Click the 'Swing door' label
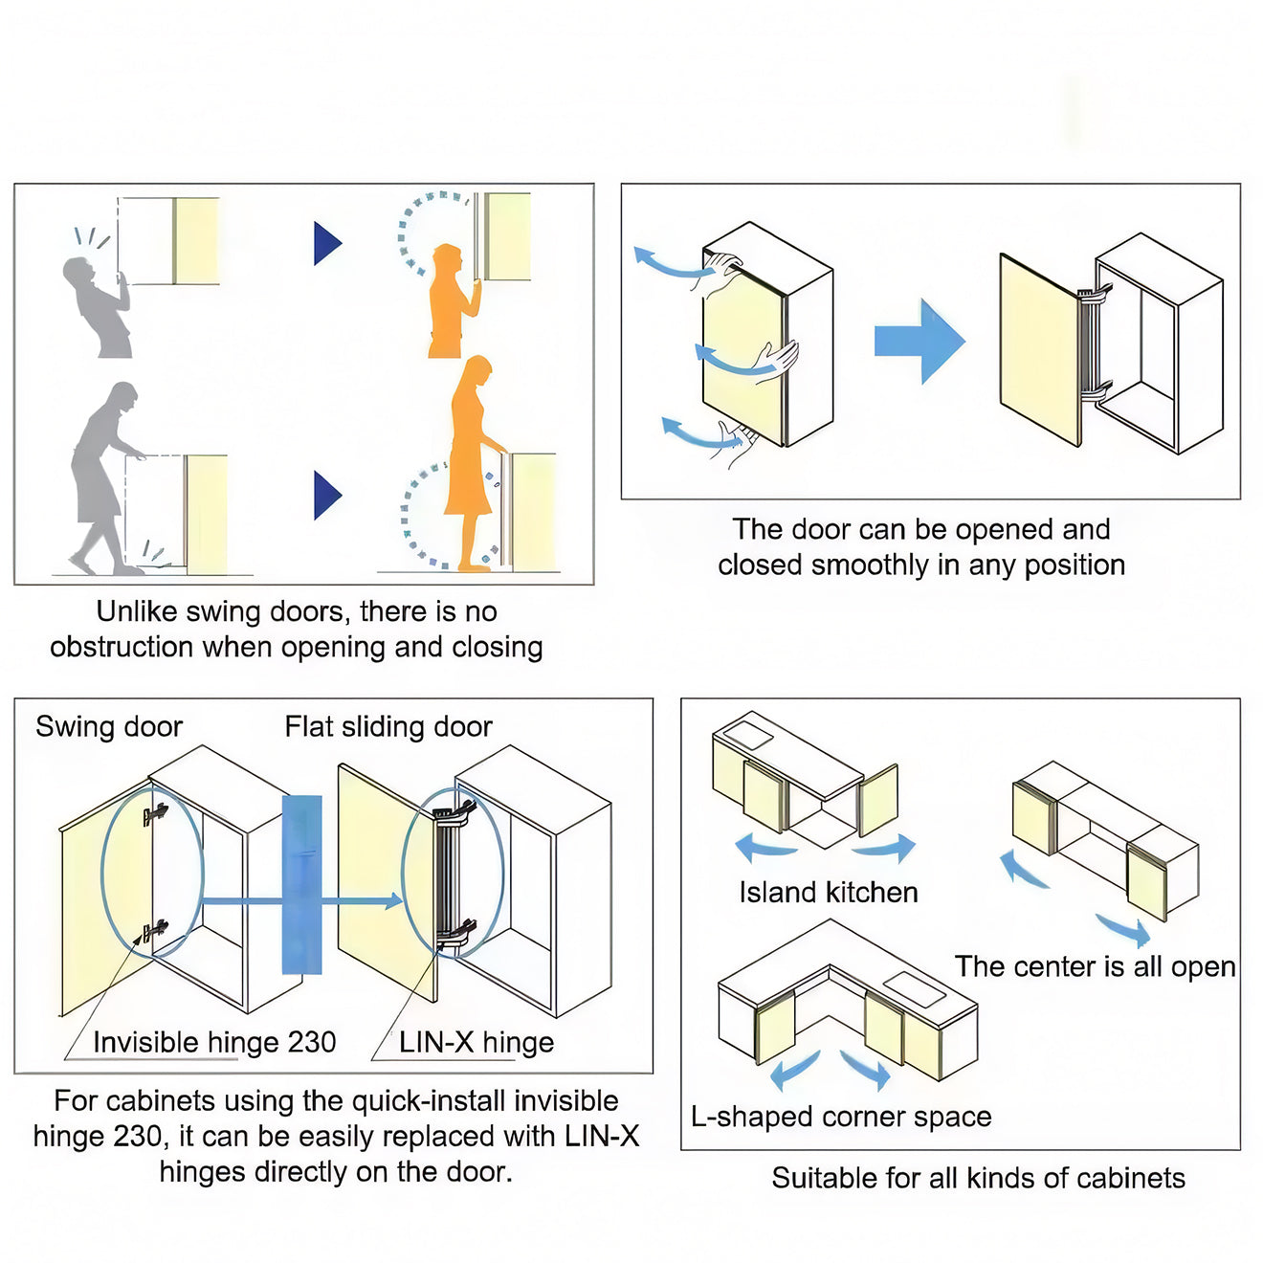click(x=109, y=727)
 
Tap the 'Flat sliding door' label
click(x=388, y=727)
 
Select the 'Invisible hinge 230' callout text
click(x=214, y=1042)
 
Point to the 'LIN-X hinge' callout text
click(x=476, y=1042)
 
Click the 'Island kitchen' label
click(x=829, y=893)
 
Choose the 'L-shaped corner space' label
click(x=841, y=1117)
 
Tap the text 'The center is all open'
click(x=1095, y=966)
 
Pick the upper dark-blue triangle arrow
click(x=326, y=244)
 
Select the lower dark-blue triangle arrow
click(x=326, y=496)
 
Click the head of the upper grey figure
click(x=78, y=272)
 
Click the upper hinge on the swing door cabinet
click(x=154, y=814)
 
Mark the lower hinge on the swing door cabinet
click(x=153, y=930)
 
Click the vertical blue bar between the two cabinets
click(x=301, y=885)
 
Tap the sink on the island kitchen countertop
click(x=747, y=736)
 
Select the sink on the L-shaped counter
click(x=915, y=988)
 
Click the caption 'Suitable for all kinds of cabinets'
click(x=978, y=1178)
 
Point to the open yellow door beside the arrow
click(x=1039, y=349)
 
